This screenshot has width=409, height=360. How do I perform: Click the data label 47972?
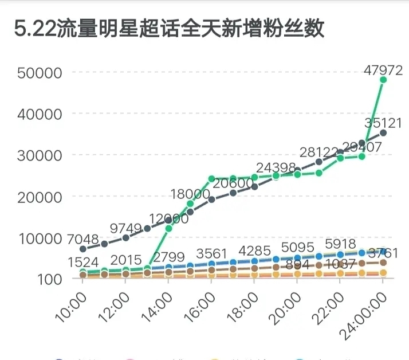(x=383, y=70)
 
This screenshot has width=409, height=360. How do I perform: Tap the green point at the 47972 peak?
(x=383, y=80)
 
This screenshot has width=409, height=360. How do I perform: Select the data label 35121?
(x=383, y=123)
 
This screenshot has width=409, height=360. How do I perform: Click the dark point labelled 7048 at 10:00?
(x=83, y=249)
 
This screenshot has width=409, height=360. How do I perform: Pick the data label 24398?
(x=276, y=168)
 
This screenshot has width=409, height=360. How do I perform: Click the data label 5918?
(x=340, y=244)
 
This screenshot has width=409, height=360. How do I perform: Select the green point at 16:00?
(x=211, y=179)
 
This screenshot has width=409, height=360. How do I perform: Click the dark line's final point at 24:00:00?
(x=383, y=133)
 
